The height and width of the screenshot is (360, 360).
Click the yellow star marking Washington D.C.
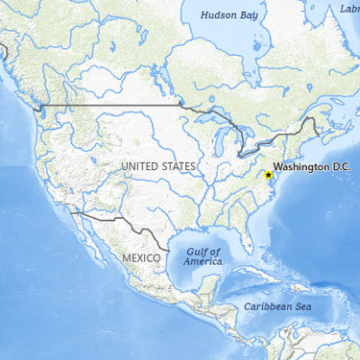pos(268,175)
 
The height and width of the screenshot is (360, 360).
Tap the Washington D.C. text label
pos(311,167)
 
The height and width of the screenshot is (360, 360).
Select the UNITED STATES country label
pos(157,166)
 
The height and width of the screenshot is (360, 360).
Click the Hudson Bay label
pos(229,15)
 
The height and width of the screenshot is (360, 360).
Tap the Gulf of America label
pos(203,256)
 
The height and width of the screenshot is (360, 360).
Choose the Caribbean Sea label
pos(277,307)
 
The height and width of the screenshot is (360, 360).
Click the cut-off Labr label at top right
pos(349,8)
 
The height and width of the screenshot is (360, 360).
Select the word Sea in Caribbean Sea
pos(301,307)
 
